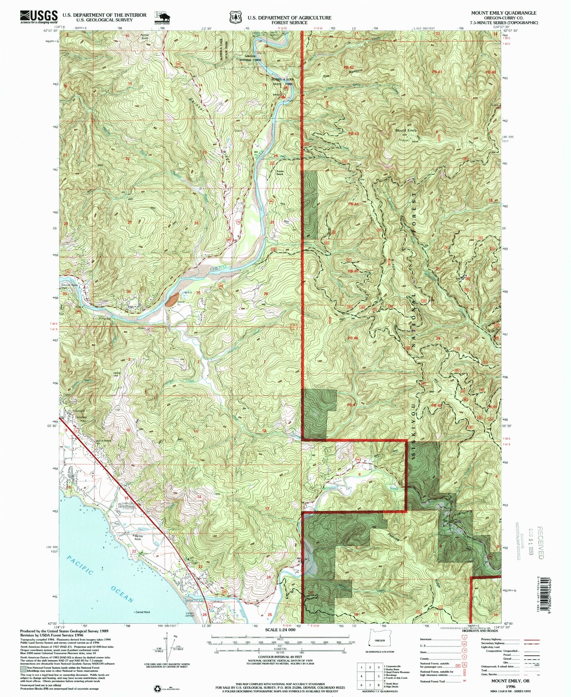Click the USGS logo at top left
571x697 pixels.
[x=39, y=16]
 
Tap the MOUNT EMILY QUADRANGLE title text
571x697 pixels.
[x=504, y=13]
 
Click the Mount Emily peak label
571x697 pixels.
[x=406, y=131]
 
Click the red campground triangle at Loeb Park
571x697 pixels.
[x=283, y=96]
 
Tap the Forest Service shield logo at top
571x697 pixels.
[x=234, y=17]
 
